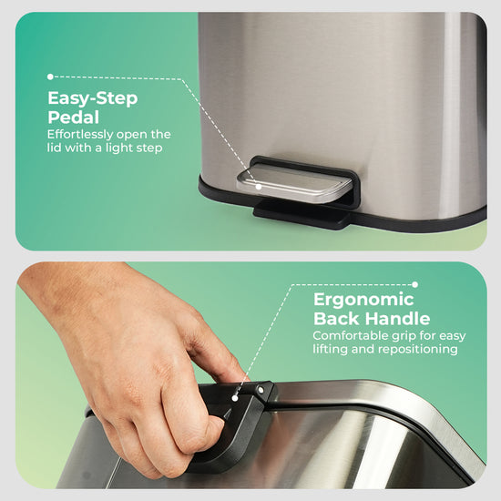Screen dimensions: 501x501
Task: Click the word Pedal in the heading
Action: point(73,118)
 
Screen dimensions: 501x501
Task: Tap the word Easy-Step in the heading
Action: point(93,98)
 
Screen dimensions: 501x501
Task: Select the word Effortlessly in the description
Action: point(80,135)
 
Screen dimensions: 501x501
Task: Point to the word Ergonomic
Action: point(363,301)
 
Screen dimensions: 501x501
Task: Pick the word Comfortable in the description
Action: point(349,335)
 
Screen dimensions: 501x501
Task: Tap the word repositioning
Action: point(418,349)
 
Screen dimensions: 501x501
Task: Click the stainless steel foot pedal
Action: point(293,184)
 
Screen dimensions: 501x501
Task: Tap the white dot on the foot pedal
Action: point(259,187)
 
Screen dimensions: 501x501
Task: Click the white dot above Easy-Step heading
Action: point(50,77)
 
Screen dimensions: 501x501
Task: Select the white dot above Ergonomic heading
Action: point(414,284)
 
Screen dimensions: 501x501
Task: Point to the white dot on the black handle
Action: point(235,398)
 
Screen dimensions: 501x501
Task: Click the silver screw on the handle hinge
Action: point(261,390)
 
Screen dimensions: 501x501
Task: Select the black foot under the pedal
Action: point(301,213)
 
